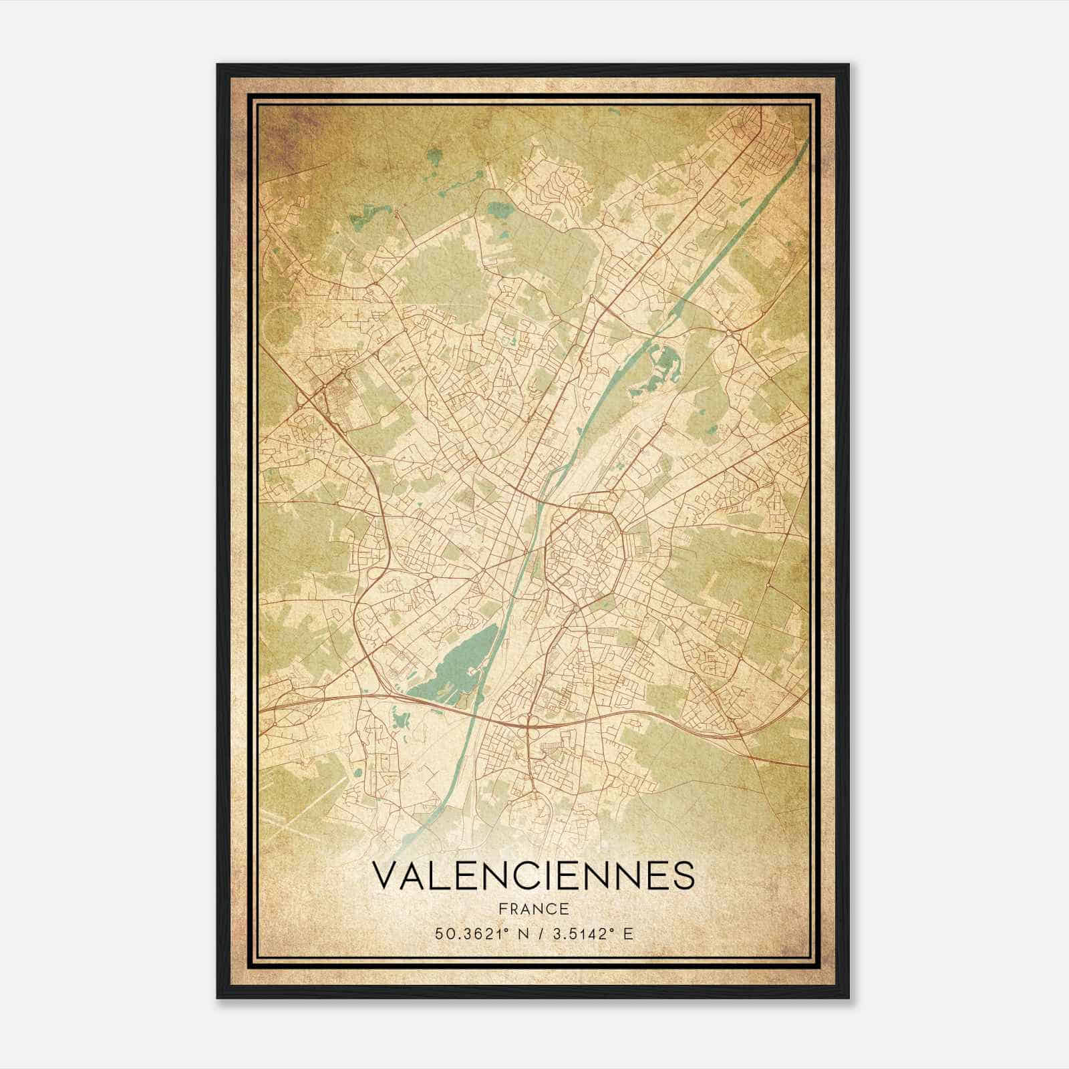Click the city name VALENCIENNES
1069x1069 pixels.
(x=532, y=876)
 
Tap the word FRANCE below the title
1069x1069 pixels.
(x=532, y=909)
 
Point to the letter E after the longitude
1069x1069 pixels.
(x=627, y=934)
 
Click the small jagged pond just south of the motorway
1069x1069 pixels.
(x=401, y=720)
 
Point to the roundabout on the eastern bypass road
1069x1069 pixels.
(x=728, y=330)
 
